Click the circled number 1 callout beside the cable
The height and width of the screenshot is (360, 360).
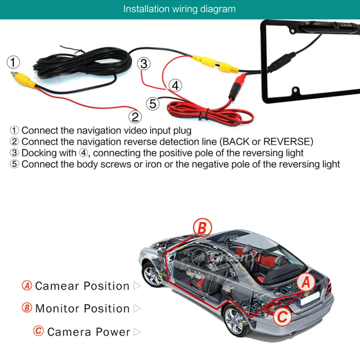point(13,62)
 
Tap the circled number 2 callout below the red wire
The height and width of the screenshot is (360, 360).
point(135,117)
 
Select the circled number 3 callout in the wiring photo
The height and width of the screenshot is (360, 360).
point(144,64)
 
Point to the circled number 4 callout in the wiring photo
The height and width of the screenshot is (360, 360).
point(176,85)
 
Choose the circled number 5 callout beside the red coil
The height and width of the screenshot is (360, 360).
point(153,104)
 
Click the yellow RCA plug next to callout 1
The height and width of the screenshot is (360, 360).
point(23,80)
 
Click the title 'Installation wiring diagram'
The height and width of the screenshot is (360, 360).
point(179,9)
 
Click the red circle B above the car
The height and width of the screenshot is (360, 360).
point(202,227)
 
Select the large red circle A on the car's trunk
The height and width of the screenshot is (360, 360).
point(306,282)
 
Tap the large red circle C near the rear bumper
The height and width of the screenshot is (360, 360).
point(282,316)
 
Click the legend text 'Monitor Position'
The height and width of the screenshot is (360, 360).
point(83,308)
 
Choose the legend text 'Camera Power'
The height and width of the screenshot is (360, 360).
point(89,332)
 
